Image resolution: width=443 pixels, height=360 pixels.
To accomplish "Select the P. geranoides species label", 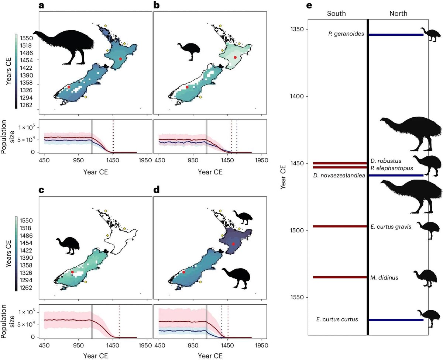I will (x=346, y=34).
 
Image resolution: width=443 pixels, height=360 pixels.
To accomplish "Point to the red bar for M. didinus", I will (x=340, y=277).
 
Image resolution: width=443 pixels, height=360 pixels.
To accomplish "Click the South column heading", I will (x=336, y=14).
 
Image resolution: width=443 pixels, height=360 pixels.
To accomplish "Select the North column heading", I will (x=398, y=14).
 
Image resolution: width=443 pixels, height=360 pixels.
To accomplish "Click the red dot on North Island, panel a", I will (x=120, y=59).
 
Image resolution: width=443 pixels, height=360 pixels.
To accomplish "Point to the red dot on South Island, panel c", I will (x=72, y=272).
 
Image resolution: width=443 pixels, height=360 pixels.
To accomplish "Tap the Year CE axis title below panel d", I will (x=210, y=356).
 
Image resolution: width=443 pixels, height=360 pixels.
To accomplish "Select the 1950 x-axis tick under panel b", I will (x=261, y=160).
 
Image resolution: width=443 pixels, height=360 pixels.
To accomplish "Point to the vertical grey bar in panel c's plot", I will (x=92, y=321).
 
